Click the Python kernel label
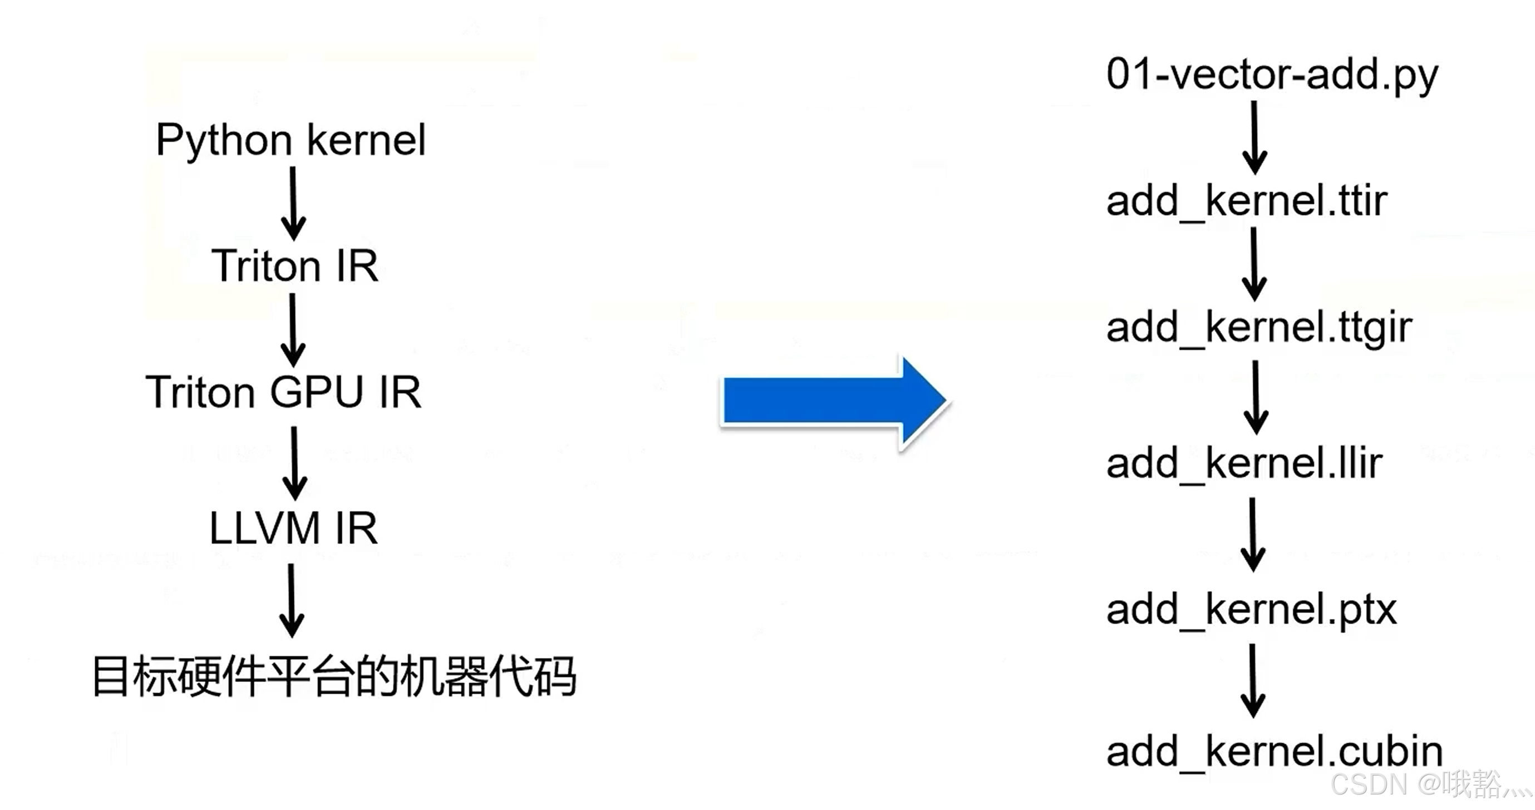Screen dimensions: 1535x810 [291, 141]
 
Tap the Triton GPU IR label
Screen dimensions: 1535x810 [284, 393]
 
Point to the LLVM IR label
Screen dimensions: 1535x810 [293, 529]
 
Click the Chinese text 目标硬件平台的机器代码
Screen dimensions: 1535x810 [334, 676]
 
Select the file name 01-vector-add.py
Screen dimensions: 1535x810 [1272, 76]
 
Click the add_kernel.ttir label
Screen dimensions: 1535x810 [1247, 201]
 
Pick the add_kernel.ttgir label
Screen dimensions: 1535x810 [1258, 328]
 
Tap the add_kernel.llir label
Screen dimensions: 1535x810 [1244, 463]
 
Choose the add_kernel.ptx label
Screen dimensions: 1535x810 [1251, 610]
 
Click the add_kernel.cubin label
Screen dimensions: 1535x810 [1274, 752]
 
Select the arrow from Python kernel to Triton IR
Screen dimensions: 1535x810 [293, 203]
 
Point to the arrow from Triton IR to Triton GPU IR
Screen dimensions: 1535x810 [293, 330]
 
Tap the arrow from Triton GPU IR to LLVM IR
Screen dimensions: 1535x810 [294, 463]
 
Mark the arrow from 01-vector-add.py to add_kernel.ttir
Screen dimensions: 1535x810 [1254, 137]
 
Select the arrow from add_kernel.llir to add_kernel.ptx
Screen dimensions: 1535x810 [1253, 534]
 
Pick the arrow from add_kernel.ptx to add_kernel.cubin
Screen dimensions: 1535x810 [1253, 680]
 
